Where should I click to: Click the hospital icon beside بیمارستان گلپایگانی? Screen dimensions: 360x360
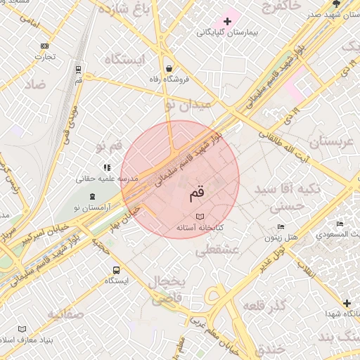click(227, 21)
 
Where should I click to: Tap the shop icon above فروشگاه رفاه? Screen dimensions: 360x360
click(169, 68)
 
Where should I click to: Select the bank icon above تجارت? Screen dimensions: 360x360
click(45, 46)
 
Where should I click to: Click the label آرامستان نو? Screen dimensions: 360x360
click(98, 207)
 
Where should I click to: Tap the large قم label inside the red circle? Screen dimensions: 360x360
click(198, 191)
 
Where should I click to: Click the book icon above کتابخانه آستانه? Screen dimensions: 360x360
click(200, 217)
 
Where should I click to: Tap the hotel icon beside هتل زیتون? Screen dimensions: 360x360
click(281, 226)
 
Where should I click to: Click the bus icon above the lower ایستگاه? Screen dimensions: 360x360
click(115, 270)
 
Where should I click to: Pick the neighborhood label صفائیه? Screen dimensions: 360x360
click(65, 313)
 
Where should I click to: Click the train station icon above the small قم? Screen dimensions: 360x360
click(78, 70)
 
